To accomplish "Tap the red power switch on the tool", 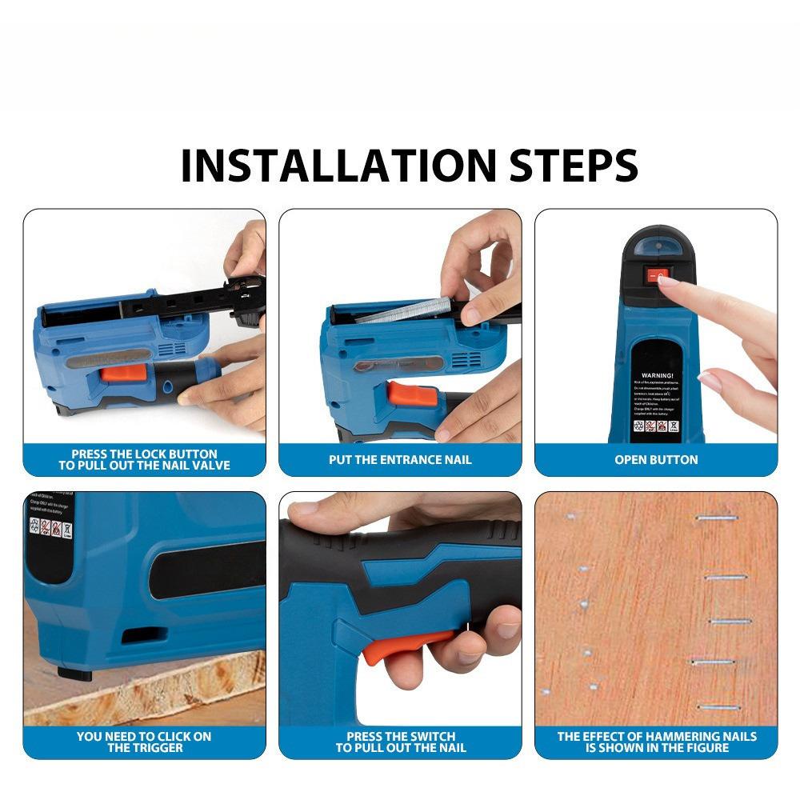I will [x=655, y=275].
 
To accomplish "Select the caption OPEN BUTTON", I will [x=656, y=460].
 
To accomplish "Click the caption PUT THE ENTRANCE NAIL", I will [x=400, y=460].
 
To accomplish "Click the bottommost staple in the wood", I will [x=718, y=707].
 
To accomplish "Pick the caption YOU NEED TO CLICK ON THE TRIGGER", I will [x=144, y=742].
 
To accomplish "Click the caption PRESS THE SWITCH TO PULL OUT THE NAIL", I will [x=400, y=742].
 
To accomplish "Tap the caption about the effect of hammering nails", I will [x=656, y=742].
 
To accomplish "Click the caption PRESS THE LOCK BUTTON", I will [x=144, y=459].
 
